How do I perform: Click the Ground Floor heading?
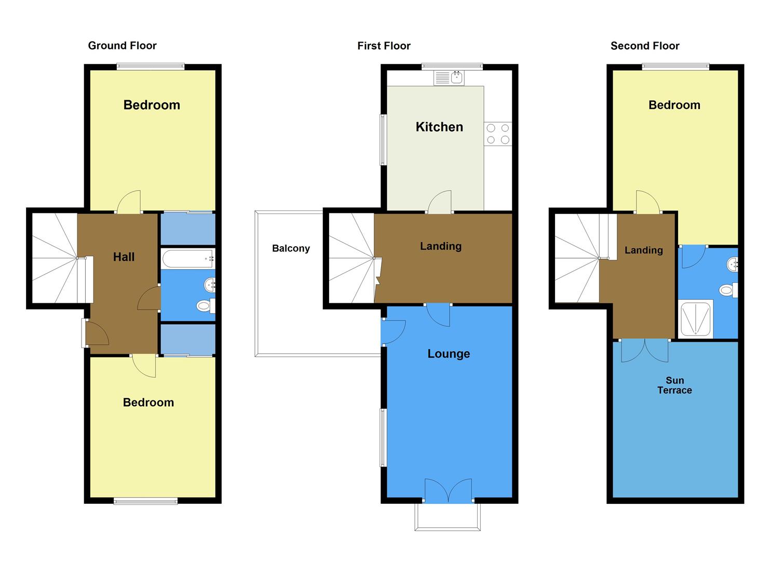pos(122,46)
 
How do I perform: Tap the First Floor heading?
pos(384,46)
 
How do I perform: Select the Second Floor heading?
pos(645,46)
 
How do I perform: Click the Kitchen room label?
pos(439,127)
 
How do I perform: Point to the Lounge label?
pos(449,354)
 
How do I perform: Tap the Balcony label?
pos(291,248)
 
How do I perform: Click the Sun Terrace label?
pos(674,385)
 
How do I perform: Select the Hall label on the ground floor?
pos(124,257)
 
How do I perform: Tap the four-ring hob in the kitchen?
pos(498,133)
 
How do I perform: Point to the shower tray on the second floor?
pos(696,318)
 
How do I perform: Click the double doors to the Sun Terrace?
pos(645,350)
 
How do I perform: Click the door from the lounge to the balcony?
pos(392,332)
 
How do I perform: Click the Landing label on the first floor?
pos(441,246)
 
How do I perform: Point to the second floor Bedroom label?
pos(674,105)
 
